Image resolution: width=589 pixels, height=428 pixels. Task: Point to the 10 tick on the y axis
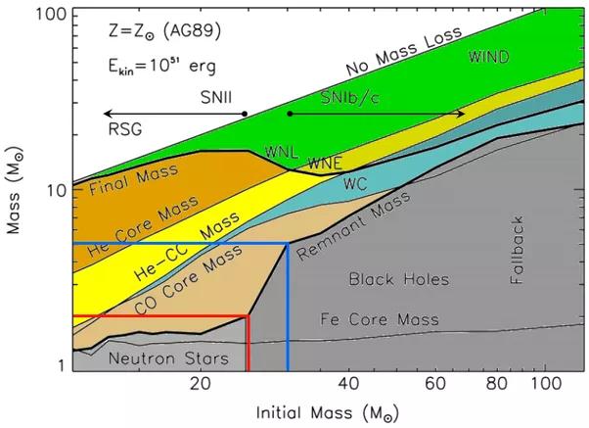[73, 189]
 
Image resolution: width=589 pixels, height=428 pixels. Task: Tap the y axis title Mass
[17, 194]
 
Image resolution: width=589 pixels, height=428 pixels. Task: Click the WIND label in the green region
[489, 56]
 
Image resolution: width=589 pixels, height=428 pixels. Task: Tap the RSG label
[124, 128]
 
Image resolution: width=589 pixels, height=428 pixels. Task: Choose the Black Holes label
[398, 280]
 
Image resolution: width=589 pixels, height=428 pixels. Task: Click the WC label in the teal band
[354, 183]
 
